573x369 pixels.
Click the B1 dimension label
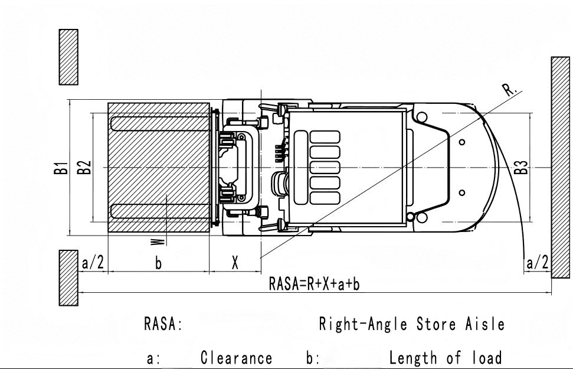click(x=61, y=168)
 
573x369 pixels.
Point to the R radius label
click(x=510, y=89)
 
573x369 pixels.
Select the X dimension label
click(x=235, y=263)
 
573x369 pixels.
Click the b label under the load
click(x=158, y=263)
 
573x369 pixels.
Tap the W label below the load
click(x=158, y=241)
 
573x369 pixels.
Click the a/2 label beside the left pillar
click(x=93, y=263)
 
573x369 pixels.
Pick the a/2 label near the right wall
click(x=537, y=263)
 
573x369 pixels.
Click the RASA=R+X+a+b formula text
click(x=315, y=284)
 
